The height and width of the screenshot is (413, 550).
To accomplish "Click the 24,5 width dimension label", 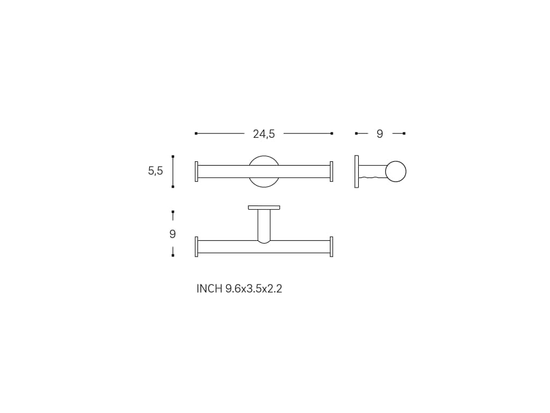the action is coord(264,134).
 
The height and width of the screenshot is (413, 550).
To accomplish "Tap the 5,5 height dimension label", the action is coord(155,171).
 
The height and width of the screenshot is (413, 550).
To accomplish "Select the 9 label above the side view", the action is coord(380,134).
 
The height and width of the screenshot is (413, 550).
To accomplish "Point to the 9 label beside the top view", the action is coord(172,234).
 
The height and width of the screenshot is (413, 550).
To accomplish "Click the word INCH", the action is coord(209,289).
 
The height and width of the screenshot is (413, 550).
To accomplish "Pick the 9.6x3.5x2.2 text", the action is coord(254,289).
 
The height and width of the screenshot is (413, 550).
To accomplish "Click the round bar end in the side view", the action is coord(396,172).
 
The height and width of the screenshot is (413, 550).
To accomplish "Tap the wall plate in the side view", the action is coord(357,172).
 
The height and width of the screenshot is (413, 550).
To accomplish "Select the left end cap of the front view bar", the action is coord(197,172).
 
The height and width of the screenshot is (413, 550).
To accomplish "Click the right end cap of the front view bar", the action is coord(331,172).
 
